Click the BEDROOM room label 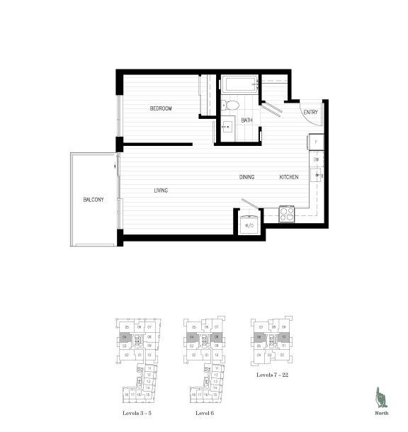click(x=161, y=108)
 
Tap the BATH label click(x=246, y=120)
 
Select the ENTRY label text click(x=310, y=113)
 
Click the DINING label click(x=246, y=177)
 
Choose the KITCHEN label click(x=288, y=177)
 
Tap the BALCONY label click(x=93, y=200)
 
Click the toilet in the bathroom click(x=232, y=106)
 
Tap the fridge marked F click(x=317, y=142)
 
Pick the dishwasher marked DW click(x=317, y=160)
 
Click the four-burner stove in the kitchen click(x=287, y=212)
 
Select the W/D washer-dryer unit click(x=249, y=224)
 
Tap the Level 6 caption click(x=205, y=411)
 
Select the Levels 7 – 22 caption click(x=273, y=373)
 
